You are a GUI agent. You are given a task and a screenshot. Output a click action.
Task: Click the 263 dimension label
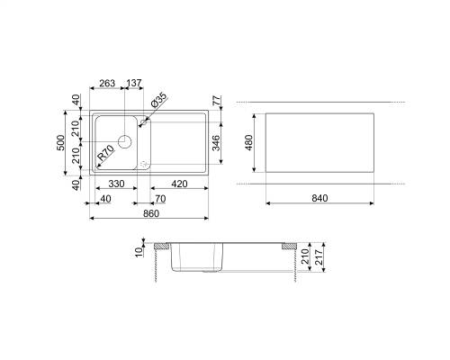point(107,83)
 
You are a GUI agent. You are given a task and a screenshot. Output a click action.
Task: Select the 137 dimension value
point(134,83)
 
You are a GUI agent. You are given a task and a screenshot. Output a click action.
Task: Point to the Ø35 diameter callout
point(158,101)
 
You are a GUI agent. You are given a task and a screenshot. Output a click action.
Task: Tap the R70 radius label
point(106,152)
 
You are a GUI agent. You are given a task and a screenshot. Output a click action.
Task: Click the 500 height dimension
point(60,143)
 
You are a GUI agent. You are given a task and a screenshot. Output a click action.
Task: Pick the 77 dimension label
point(217,101)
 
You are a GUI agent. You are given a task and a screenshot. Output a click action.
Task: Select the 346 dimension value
point(216,143)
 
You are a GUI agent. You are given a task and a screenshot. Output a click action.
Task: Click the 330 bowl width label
point(116,184)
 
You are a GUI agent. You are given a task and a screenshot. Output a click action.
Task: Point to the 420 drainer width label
point(179,184)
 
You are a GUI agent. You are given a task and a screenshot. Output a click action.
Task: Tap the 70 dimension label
point(160,199)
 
